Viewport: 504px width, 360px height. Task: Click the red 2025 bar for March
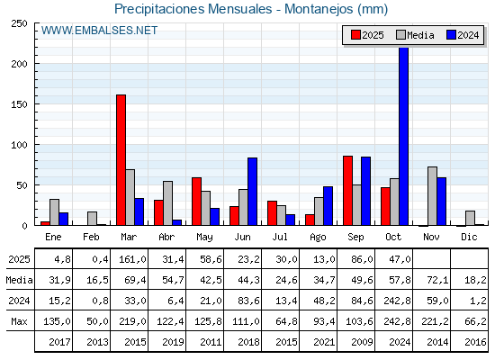coord(121,160)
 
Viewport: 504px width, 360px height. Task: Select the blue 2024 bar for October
coord(403,136)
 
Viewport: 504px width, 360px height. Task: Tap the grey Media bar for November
coord(432,196)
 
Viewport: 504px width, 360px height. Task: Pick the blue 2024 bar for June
coord(253,192)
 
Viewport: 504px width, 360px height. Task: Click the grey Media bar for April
coord(167,203)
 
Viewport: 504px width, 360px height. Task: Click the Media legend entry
coord(413,35)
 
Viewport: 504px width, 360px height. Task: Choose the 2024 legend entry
coord(462,35)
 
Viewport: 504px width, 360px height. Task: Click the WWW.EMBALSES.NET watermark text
coord(99,31)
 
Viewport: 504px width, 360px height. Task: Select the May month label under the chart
coord(205,237)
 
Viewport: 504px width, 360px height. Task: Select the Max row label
coord(18,321)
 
